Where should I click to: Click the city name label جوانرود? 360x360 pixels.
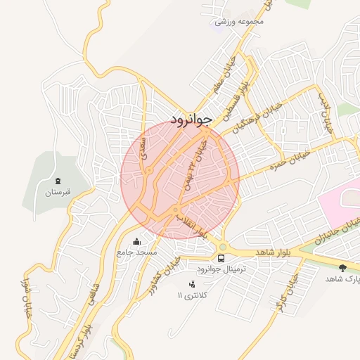pyautogui.click(x=191, y=117)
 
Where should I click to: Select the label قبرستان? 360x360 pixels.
pyautogui.click(x=58, y=193)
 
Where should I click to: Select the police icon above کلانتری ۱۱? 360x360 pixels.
pyautogui.click(x=192, y=284)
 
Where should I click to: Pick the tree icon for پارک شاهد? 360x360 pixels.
pyautogui.click(x=343, y=268)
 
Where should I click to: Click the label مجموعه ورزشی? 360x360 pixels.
pyautogui.click(x=239, y=21)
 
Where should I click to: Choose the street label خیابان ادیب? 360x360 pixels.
pyautogui.click(x=326, y=112)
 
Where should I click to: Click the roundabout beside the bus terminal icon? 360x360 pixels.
pyautogui.click(x=222, y=246)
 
